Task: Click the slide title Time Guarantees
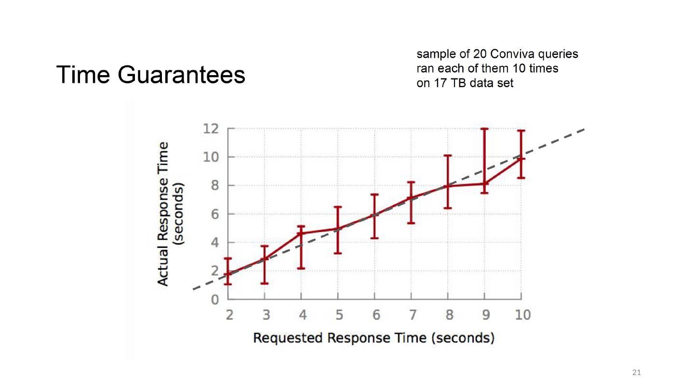click(151, 76)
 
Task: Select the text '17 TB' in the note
click(458, 83)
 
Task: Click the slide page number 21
click(637, 372)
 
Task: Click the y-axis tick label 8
click(215, 186)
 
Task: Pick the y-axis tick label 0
click(215, 299)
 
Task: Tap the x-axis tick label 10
click(521, 315)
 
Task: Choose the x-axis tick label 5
click(338, 315)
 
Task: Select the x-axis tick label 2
click(229, 315)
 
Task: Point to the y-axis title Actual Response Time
click(164, 214)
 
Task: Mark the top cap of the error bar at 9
click(484, 129)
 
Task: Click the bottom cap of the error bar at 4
click(301, 268)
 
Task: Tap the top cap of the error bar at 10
click(521, 130)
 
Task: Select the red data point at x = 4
click(301, 234)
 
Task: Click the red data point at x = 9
click(484, 183)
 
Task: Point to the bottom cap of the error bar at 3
click(265, 283)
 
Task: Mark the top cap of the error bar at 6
click(374, 195)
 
